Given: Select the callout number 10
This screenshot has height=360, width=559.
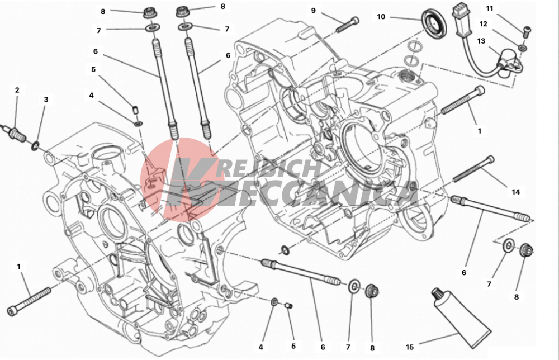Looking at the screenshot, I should tap(381, 17).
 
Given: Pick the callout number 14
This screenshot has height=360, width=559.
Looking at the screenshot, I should tap(515, 192).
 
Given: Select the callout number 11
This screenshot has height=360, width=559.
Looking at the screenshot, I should tap(490, 8).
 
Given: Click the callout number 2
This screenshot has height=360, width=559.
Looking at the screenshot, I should tap(17, 90).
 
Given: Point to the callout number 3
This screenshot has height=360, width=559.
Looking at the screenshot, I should tap(46, 100).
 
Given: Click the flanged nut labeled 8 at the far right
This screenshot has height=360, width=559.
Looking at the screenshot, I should tap(525, 251).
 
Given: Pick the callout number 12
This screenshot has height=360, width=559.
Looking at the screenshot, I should tap(484, 24).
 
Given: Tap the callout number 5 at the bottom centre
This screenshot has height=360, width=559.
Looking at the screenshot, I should tap(293, 347).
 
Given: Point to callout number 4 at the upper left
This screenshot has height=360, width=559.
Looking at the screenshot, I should tap(91, 96).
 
